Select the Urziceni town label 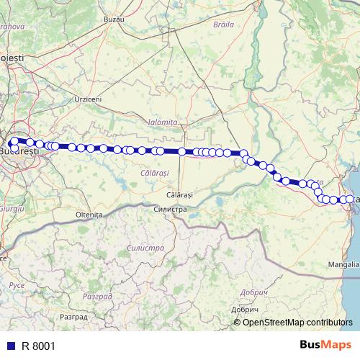(88, 99)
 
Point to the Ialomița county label (161, 123)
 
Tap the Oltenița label (89, 215)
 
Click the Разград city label (73, 316)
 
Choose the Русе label (17, 285)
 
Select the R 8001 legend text (38, 346)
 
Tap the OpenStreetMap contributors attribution (297, 322)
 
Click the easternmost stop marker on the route (351, 199)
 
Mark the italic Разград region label (97, 296)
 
